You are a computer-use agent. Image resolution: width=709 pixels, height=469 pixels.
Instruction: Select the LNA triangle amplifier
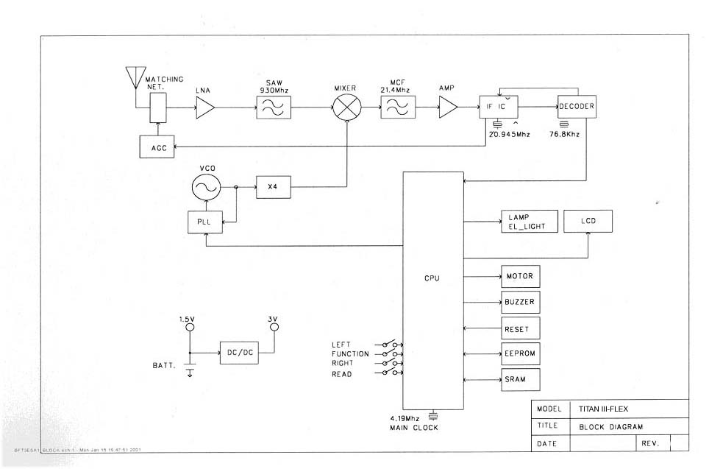pos(204,110)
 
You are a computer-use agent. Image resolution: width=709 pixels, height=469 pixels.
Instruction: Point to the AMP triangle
pos(447,109)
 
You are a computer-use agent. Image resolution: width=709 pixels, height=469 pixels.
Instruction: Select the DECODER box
pos(576,107)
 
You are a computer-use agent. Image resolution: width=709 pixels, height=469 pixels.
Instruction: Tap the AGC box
pos(158,147)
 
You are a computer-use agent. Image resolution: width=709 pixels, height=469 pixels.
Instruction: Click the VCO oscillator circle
pos(205,188)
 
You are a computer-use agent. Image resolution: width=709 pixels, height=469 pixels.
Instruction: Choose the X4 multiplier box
pos(274,188)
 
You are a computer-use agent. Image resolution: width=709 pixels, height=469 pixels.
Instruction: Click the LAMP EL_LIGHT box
pos(526,222)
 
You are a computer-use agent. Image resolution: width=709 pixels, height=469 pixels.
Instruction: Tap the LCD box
pos(588,221)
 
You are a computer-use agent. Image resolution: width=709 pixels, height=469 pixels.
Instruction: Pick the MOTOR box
pos(520,277)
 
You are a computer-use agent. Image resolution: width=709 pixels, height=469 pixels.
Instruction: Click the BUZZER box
pos(520,303)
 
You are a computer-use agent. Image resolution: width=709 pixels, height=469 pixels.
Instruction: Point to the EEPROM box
pos(520,353)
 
